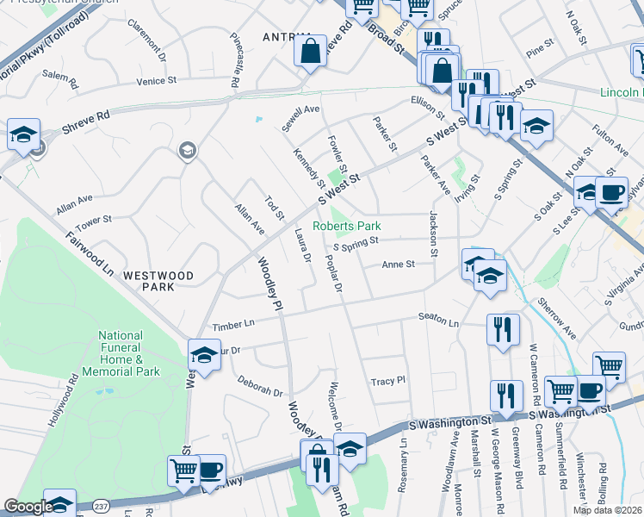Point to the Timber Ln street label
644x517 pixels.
tap(235, 322)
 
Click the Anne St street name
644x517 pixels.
tap(398, 265)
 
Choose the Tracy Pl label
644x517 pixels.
tap(387, 380)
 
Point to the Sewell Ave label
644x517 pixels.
tap(300, 119)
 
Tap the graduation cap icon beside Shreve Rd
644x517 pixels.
tap(23, 134)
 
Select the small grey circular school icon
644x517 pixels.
tap(185, 153)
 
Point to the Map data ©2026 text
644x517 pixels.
tap(607, 510)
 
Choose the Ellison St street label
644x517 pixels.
tap(427, 102)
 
